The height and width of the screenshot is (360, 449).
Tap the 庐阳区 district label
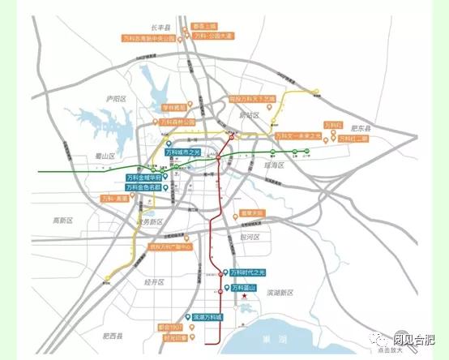pyautogui.click(x=118, y=97)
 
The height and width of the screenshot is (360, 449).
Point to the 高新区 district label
pyautogui.click(x=63, y=220)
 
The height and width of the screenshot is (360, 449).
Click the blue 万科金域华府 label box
pyautogui.click(x=145, y=177)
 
